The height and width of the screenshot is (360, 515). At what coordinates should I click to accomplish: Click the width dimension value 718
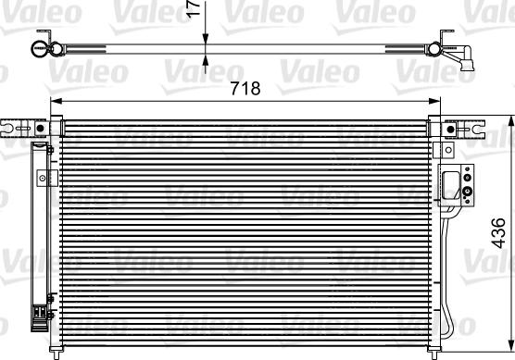[x=245, y=88]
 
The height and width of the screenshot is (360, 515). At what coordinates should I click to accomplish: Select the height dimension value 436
[x=498, y=232]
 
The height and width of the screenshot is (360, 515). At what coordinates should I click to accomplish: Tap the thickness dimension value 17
[x=195, y=8]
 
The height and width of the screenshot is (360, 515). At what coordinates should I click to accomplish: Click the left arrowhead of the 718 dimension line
[x=57, y=101]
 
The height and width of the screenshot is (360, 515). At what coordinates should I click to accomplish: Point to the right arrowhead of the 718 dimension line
[x=434, y=101]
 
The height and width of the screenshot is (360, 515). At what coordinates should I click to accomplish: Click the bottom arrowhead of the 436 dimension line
[x=510, y=344]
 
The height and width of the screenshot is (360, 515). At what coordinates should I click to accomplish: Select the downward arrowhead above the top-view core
[x=206, y=39]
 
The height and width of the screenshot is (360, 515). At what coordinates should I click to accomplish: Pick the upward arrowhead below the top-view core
[x=206, y=60]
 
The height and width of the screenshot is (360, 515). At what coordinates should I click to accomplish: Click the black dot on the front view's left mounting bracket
[x=40, y=129]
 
